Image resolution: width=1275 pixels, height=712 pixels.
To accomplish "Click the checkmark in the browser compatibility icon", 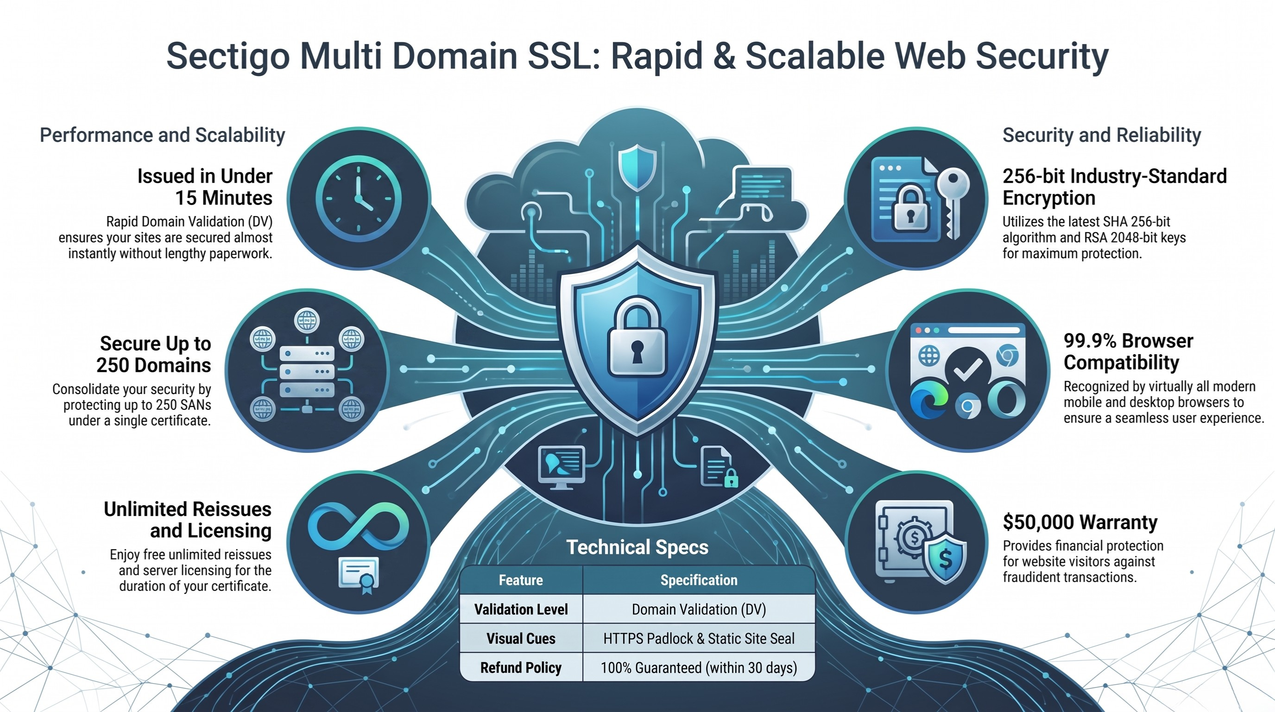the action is coord(968,369).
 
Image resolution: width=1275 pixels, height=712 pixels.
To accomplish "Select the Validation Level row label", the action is coord(521,609).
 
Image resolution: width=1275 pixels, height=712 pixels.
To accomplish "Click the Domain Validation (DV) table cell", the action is coord(699,609).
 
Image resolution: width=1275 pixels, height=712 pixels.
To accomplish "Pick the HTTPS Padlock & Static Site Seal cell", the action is coord(699,638).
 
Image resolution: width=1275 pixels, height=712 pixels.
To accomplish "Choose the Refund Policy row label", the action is coord(521,667).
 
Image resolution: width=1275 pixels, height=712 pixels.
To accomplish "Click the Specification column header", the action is coord(699,580).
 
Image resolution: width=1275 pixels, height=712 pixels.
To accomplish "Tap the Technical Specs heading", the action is coord(637,547).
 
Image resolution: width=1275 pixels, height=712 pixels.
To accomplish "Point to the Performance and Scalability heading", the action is coord(162,135).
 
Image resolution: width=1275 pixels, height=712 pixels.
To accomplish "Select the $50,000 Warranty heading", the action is coord(1080,522).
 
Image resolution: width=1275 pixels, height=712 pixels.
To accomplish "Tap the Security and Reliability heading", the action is coord(1102,135).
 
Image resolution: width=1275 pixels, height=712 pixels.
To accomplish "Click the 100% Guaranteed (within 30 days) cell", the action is coord(699,667).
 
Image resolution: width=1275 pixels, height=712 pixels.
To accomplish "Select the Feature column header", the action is coord(521,580).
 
